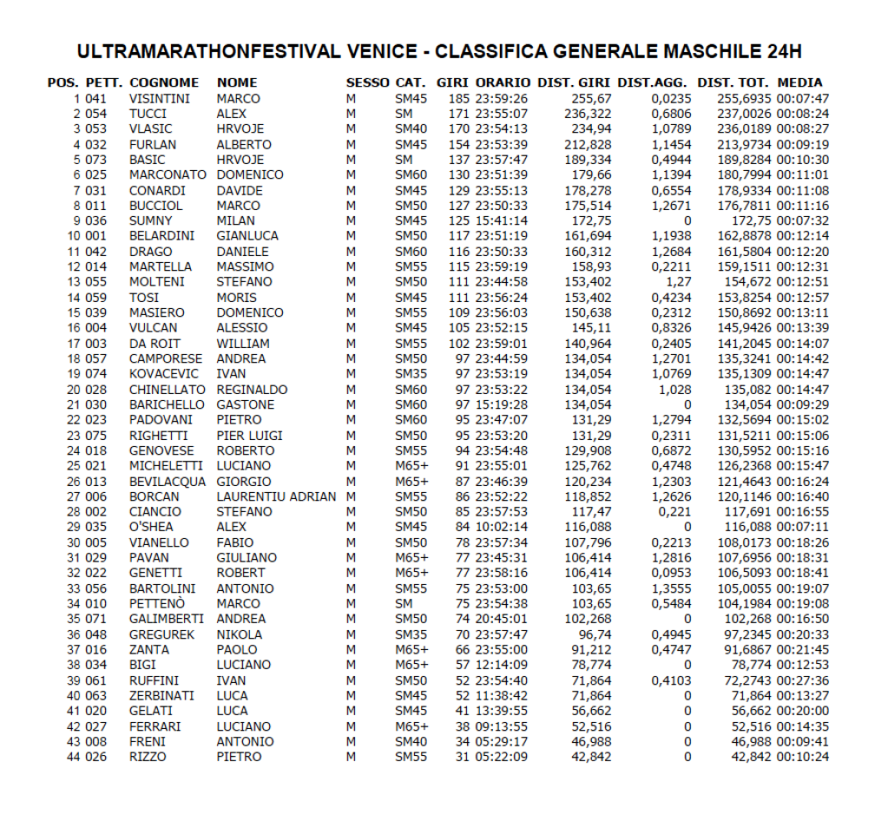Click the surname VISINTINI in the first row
159,99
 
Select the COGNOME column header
164,82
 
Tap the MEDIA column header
799,82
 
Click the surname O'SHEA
151,527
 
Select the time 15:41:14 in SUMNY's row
502,221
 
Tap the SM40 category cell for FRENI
411,741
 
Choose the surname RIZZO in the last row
147,757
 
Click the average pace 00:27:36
803,680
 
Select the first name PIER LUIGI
249,436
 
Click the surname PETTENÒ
155,603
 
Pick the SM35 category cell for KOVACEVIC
411,374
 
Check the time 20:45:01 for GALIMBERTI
502,619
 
